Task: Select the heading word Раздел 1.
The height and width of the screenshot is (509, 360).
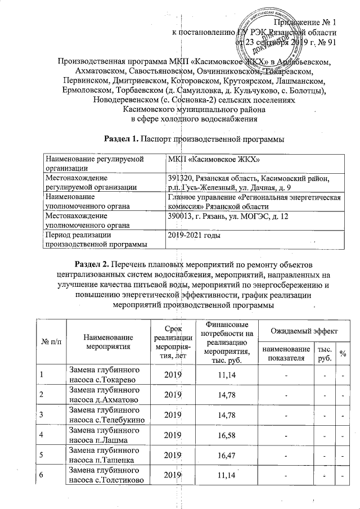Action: click(x=124, y=138)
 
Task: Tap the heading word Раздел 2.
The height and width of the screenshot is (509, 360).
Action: click(x=93, y=264)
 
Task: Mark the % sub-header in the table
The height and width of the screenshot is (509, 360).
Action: click(x=342, y=353)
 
